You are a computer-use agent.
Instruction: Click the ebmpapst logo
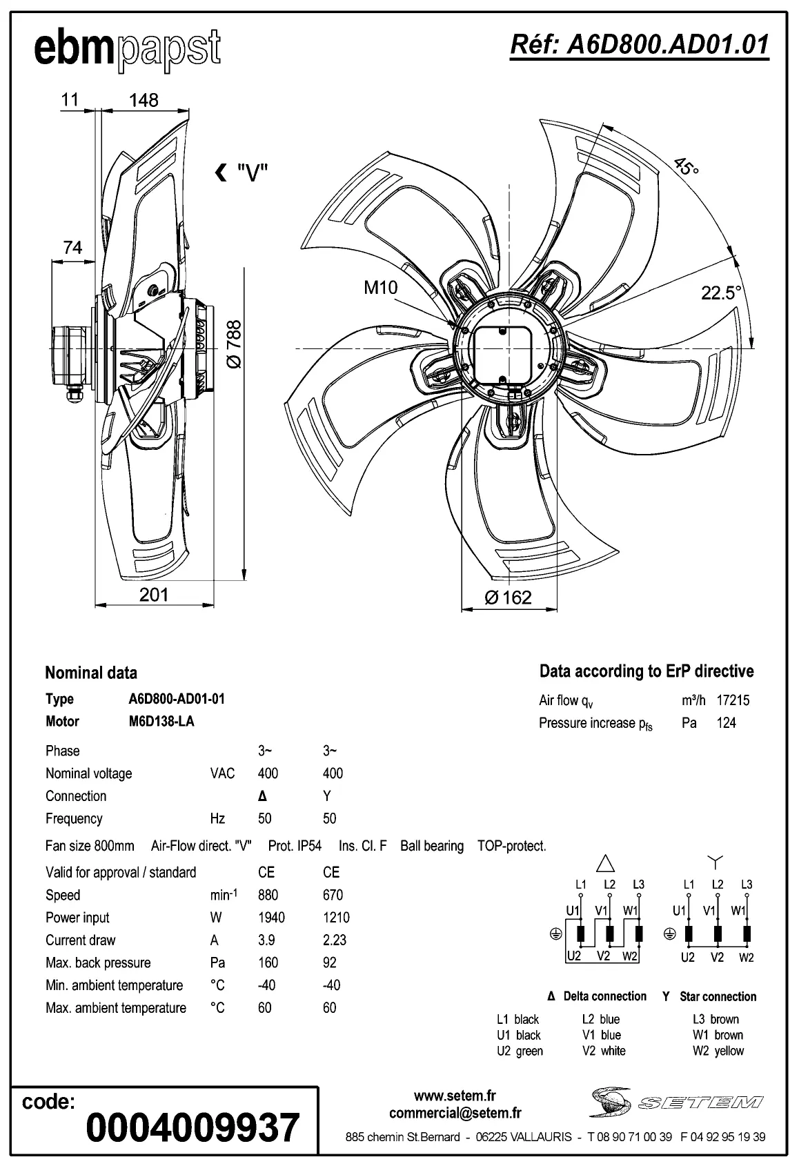(x=128, y=50)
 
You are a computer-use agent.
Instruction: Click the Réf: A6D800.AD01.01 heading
(x=639, y=45)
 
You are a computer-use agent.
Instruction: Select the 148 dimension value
(x=144, y=101)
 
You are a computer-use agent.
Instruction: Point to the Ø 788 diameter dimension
(x=234, y=344)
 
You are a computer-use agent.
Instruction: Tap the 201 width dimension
(x=153, y=594)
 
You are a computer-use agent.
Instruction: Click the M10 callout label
(x=381, y=288)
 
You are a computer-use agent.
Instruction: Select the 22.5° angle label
(x=721, y=293)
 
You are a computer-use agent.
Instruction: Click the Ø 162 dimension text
(x=509, y=597)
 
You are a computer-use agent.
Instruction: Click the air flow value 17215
(x=733, y=700)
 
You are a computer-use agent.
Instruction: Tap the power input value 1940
(x=271, y=918)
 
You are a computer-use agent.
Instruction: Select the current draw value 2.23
(x=335, y=940)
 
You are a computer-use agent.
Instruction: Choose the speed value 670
(x=333, y=895)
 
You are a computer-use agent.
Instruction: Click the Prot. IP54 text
(x=295, y=846)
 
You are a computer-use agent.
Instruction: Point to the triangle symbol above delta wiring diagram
(x=605, y=862)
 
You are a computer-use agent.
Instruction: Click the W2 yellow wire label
(x=718, y=1051)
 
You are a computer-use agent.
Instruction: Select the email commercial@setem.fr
(x=455, y=1113)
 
